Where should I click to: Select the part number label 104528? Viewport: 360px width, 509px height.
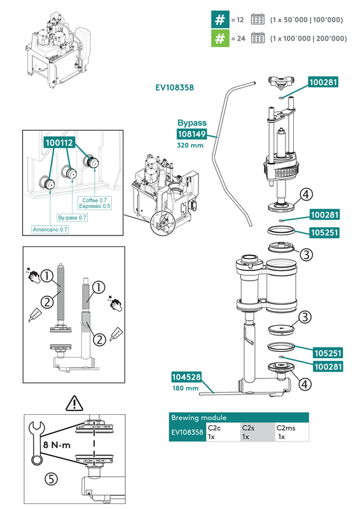186,377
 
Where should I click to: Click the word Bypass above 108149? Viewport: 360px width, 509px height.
192,122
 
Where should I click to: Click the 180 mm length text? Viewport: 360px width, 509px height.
185,389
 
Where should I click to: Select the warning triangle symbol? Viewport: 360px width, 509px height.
75,402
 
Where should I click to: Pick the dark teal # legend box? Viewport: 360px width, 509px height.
220,20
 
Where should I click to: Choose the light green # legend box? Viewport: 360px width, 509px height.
220,39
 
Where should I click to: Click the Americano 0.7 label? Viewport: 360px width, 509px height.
50,229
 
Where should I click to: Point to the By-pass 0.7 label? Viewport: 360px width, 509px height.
73,218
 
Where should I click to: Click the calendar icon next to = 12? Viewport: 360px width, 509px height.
258,20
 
